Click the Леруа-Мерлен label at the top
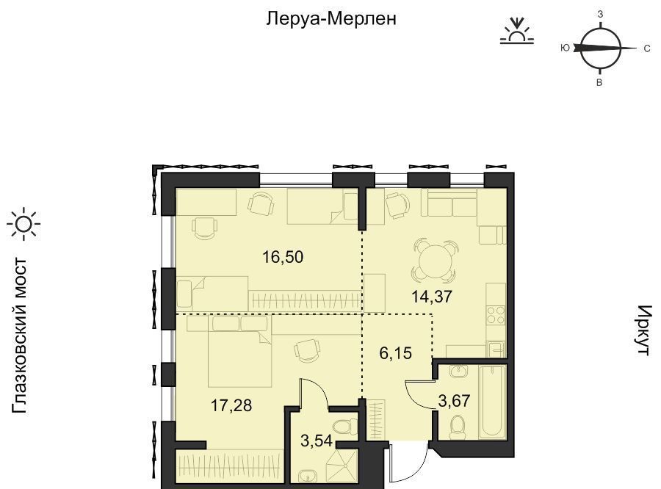click(331, 18)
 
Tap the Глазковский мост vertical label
click(20, 336)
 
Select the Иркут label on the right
click(644, 330)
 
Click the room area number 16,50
click(283, 257)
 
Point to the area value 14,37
click(432, 297)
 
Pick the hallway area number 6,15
click(395, 353)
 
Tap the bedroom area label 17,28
click(231, 405)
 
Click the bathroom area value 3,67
click(454, 400)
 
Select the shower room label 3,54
click(317, 441)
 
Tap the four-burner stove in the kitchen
click(496, 314)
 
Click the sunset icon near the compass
click(517, 31)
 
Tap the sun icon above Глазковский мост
click(24, 224)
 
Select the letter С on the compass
click(647, 49)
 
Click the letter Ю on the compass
click(566, 48)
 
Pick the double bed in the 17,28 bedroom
click(240, 352)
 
